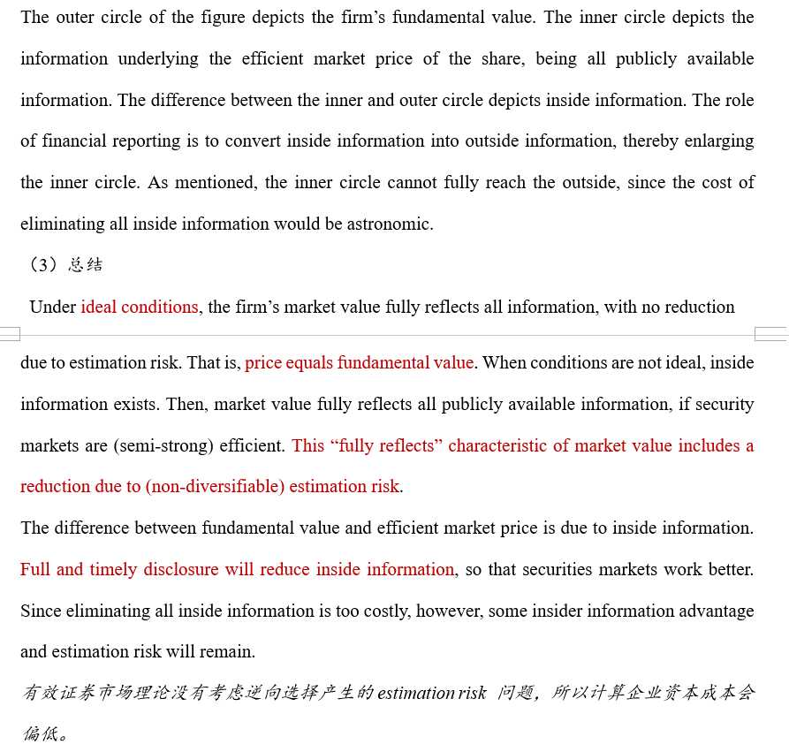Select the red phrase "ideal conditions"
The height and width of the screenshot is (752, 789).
pos(140,308)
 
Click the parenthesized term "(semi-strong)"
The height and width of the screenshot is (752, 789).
pos(157,446)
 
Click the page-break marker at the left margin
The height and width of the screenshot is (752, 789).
pos(10,334)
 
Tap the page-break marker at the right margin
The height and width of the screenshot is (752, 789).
pos(770,334)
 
